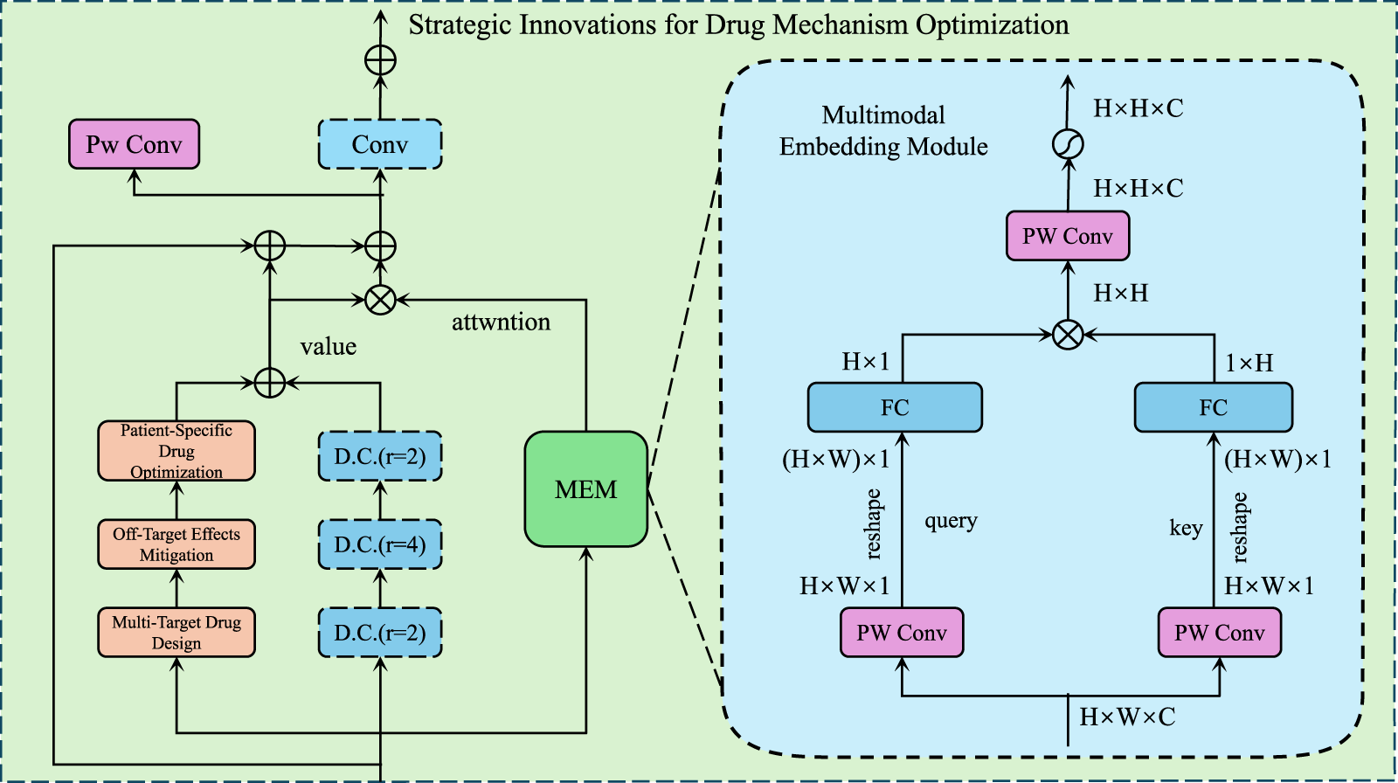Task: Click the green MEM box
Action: click(x=585, y=489)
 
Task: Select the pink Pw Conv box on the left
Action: click(x=134, y=144)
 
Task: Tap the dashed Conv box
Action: click(x=379, y=144)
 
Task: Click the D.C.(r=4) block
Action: click(x=379, y=544)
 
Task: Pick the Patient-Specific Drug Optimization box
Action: click(x=176, y=451)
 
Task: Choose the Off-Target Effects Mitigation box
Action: click(x=176, y=544)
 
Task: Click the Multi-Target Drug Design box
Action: click(x=176, y=633)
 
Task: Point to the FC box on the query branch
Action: click(x=895, y=407)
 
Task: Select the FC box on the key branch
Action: click(x=1213, y=407)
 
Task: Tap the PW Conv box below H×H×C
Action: click(x=1068, y=236)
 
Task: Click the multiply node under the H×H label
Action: click(x=1068, y=334)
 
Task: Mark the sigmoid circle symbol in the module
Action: click(x=1068, y=144)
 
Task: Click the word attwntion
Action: click(x=501, y=322)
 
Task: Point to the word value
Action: click(x=328, y=347)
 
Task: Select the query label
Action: click(x=951, y=521)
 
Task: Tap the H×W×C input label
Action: click(x=1127, y=717)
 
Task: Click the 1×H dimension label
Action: click(x=1249, y=363)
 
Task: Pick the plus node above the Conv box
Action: click(x=380, y=60)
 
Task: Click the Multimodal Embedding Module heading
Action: click(x=883, y=131)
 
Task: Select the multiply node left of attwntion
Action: click(x=380, y=300)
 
